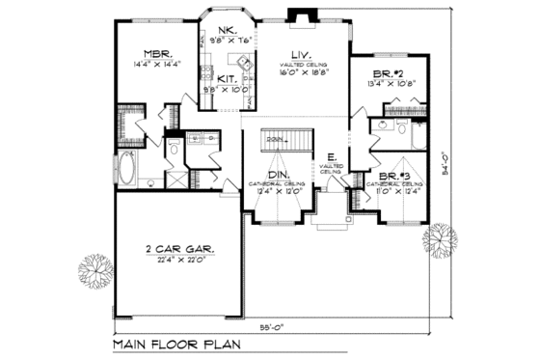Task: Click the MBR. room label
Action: [157, 55]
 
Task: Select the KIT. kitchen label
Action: [228, 78]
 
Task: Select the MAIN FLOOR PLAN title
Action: [174, 344]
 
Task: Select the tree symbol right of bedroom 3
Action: [441, 237]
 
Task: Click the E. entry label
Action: [331, 155]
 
